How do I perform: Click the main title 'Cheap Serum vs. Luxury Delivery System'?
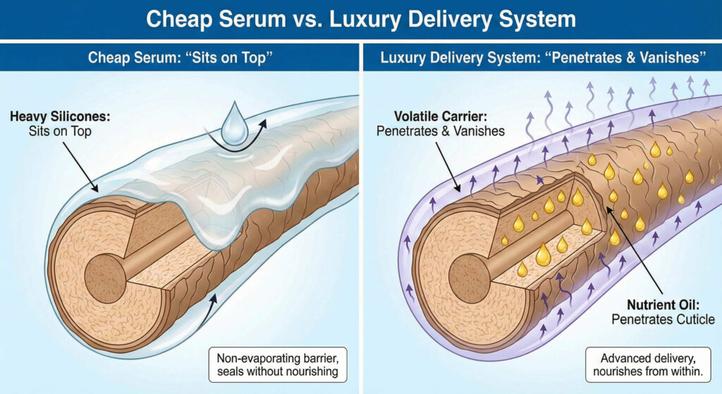(360, 19)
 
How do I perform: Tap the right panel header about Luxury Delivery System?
(541, 58)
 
